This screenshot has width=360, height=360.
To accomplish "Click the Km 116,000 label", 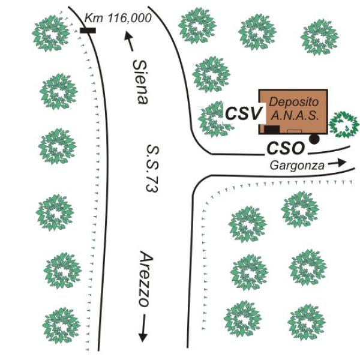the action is (x=118, y=18).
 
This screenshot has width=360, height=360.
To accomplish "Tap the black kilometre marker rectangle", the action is (x=88, y=31).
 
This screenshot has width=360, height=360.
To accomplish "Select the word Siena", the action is (x=140, y=82).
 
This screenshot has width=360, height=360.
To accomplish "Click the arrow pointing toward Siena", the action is (x=128, y=41).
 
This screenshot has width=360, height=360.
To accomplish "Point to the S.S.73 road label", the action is (x=152, y=168).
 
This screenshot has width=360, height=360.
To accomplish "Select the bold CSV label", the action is (x=244, y=113).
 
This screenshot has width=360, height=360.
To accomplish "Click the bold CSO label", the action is (x=286, y=148).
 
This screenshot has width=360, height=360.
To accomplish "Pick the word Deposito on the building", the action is (x=294, y=102).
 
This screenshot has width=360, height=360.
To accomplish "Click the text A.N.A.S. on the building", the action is (x=295, y=116).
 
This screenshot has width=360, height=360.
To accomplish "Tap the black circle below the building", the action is (x=314, y=139).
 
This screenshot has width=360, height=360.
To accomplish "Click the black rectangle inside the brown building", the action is (x=272, y=129).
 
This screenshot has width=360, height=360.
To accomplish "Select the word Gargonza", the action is (x=297, y=166).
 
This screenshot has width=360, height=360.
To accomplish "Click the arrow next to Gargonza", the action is (x=337, y=163).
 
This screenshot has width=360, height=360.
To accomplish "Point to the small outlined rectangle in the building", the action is (x=295, y=131).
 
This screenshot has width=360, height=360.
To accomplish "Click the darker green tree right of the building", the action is (x=344, y=124).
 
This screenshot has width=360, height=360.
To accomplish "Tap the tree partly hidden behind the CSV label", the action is (x=215, y=119).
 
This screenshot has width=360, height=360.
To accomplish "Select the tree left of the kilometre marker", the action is (x=51, y=33).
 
